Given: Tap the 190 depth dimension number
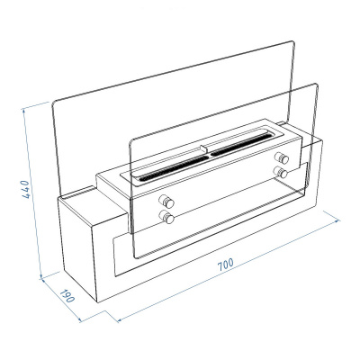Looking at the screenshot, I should click(66, 297).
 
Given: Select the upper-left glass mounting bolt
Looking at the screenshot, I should click(166, 200).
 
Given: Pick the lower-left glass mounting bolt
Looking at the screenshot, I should click(166, 216).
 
